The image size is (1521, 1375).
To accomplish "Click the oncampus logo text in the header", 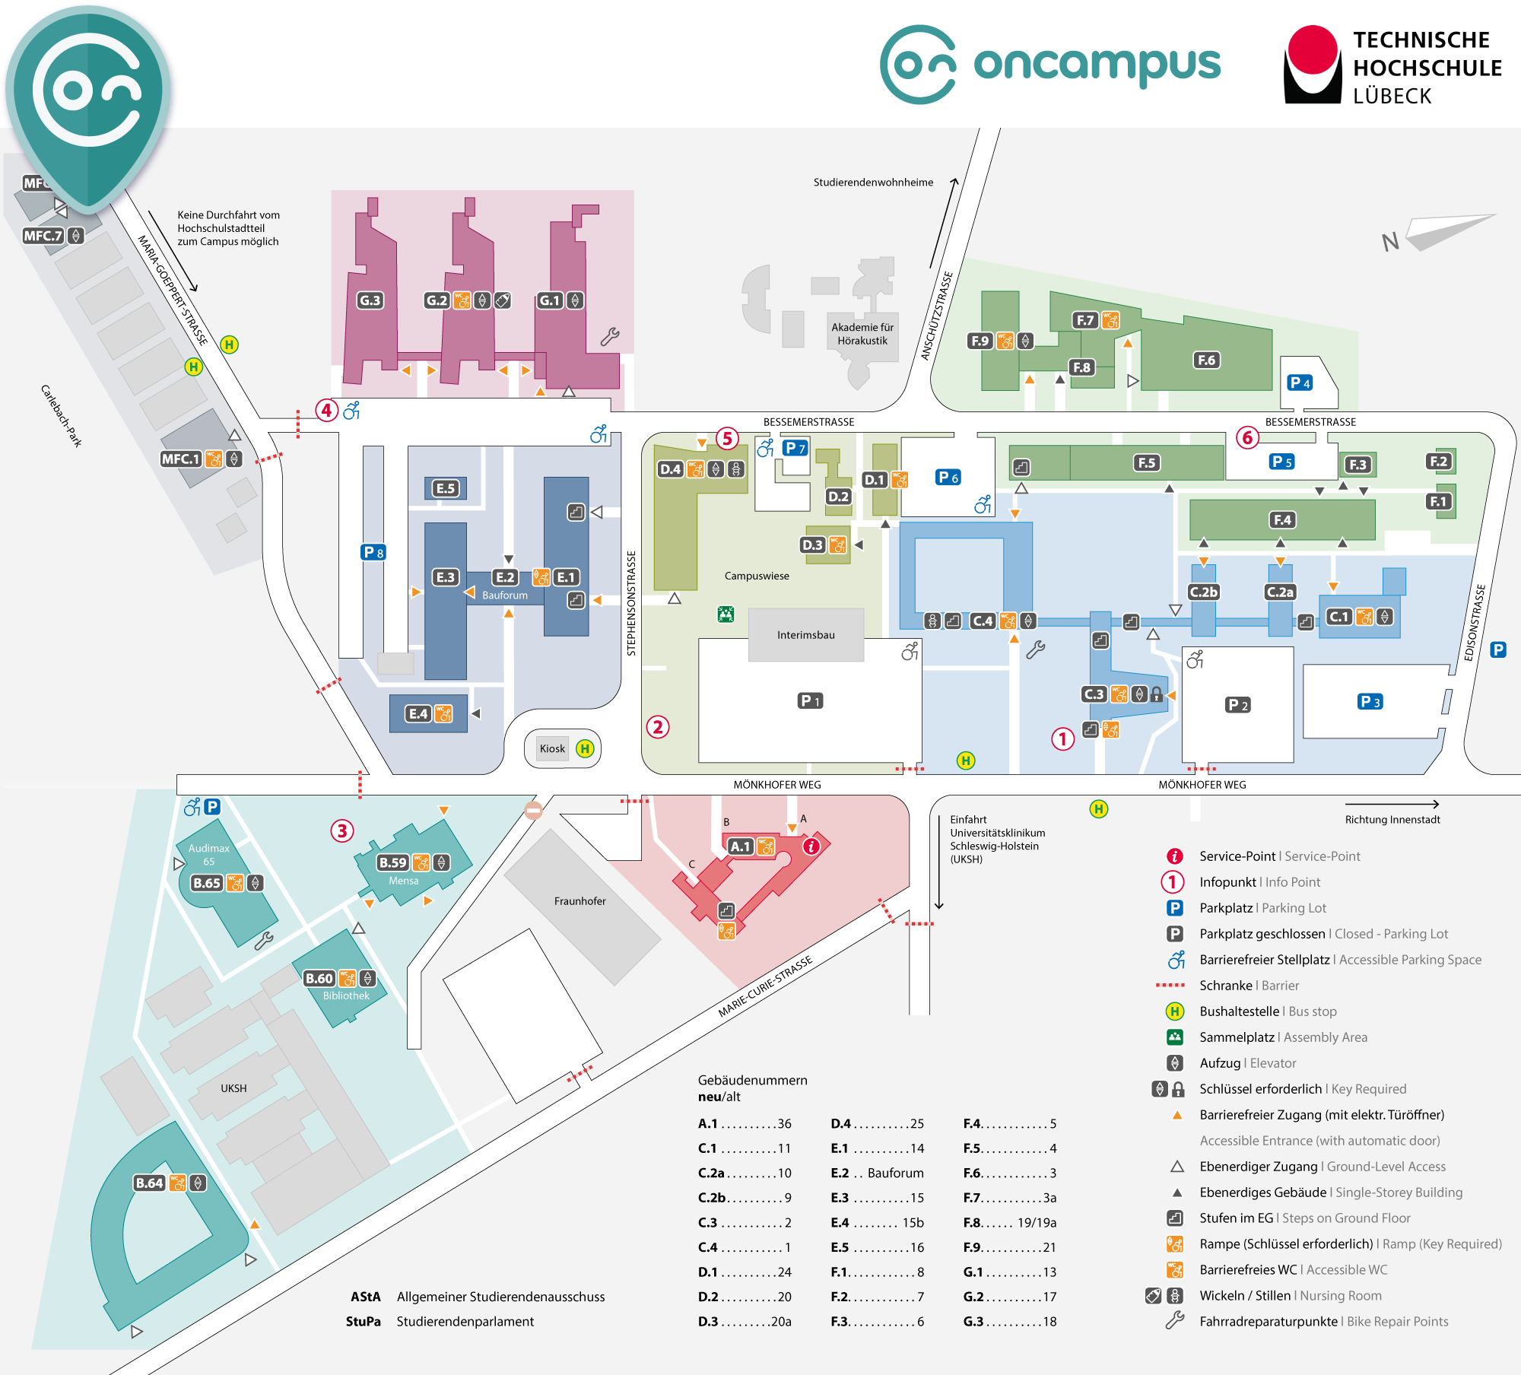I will pyautogui.click(x=1097, y=65).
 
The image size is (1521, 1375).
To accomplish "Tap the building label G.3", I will pyautogui.click(x=370, y=300).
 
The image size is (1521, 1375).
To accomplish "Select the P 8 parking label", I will pyautogui.click(x=373, y=552).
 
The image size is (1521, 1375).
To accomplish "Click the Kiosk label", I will pyautogui.click(x=552, y=748).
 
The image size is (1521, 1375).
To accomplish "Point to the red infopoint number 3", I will pyautogui.click(x=342, y=830).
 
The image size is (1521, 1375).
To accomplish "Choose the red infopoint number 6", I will pyautogui.click(x=1247, y=437).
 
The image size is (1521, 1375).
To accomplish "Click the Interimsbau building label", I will pyautogui.click(x=806, y=635).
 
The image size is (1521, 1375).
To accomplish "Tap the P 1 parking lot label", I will pyautogui.click(x=810, y=700).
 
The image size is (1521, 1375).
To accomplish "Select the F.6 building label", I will pyautogui.click(x=1206, y=360).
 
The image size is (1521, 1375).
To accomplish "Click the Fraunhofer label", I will pyautogui.click(x=580, y=901).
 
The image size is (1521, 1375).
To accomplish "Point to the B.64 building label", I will pyautogui.click(x=149, y=1183).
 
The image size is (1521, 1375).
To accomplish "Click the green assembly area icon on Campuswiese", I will pyautogui.click(x=726, y=614).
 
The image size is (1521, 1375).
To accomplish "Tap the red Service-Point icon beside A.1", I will pyautogui.click(x=812, y=846).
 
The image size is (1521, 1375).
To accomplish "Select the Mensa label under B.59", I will pyautogui.click(x=404, y=881).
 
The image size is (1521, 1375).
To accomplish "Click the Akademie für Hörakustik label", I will pyautogui.click(x=862, y=334).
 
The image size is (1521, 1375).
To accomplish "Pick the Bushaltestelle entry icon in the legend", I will pyautogui.click(x=1175, y=1011).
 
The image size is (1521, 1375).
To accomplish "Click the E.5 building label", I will pyautogui.click(x=446, y=488).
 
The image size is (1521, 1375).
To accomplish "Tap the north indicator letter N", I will pyautogui.click(x=1390, y=242).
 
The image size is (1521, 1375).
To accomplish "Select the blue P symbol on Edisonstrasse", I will pyautogui.click(x=1498, y=649).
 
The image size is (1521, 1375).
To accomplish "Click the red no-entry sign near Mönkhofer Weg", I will pyautogui.click(x=534, y=811).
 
